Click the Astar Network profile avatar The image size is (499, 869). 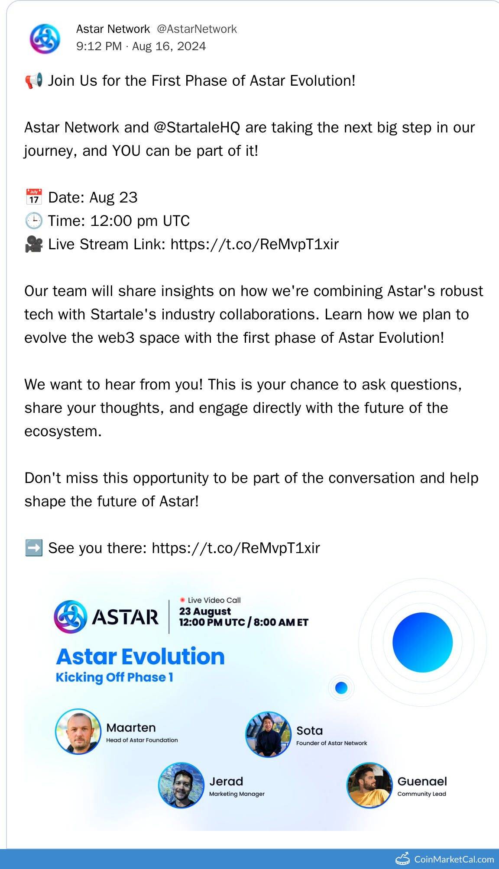click(45, 39)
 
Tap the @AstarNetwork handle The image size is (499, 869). click(197, 29)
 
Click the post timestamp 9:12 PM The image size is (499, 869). click(99, 46)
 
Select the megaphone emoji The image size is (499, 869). click(34, 80)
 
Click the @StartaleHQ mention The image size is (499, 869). click(197, 128)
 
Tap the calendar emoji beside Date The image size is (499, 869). click(34, 197)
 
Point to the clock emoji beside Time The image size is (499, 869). click(34, 221)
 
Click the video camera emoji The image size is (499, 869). click(34, 244)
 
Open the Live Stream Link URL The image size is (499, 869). click(255, 245)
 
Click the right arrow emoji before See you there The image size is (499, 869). click(34, 548)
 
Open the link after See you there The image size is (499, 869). click(236, 548)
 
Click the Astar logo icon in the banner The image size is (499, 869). click(70, 617)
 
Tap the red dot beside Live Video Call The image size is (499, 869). click(182, 600)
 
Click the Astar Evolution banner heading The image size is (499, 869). click(140, 657)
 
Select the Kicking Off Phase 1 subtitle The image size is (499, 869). click(114, 677)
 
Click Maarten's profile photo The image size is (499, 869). click(78, 731)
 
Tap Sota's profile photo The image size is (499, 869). click(269, 734)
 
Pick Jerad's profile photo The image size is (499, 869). click(181, 785)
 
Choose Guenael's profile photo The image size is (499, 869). click(369, 785)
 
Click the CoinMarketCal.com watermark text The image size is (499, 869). click(454, 859)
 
